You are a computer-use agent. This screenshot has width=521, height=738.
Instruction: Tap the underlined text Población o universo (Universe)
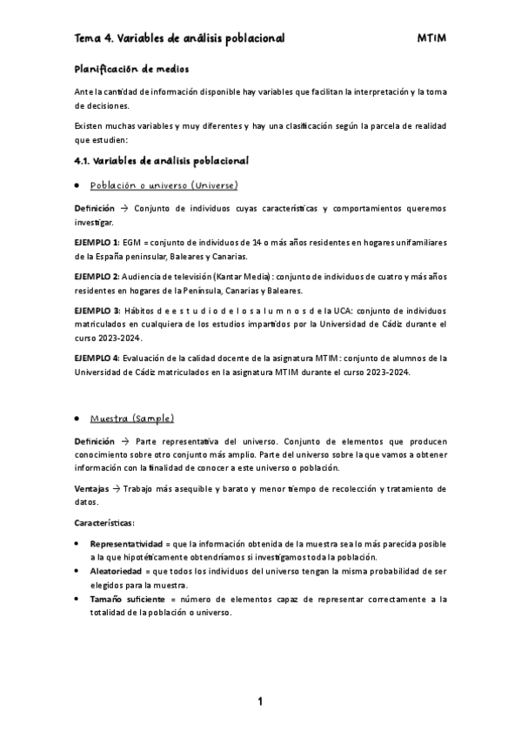point(164,185)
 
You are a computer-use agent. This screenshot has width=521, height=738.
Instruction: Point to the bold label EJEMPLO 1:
point(97,239)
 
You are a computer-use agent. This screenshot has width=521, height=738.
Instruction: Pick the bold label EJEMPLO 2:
point(97,276)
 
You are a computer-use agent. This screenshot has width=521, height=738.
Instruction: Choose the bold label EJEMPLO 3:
point(97,312)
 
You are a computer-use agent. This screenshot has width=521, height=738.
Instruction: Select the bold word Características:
point(104,522)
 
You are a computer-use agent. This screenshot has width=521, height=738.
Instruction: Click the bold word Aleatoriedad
point(121,571)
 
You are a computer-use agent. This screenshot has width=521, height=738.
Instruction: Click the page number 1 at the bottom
point(259,701)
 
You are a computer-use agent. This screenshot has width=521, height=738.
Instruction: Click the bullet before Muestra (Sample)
point(79,419)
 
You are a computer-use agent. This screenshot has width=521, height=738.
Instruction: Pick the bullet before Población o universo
point(79,186)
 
